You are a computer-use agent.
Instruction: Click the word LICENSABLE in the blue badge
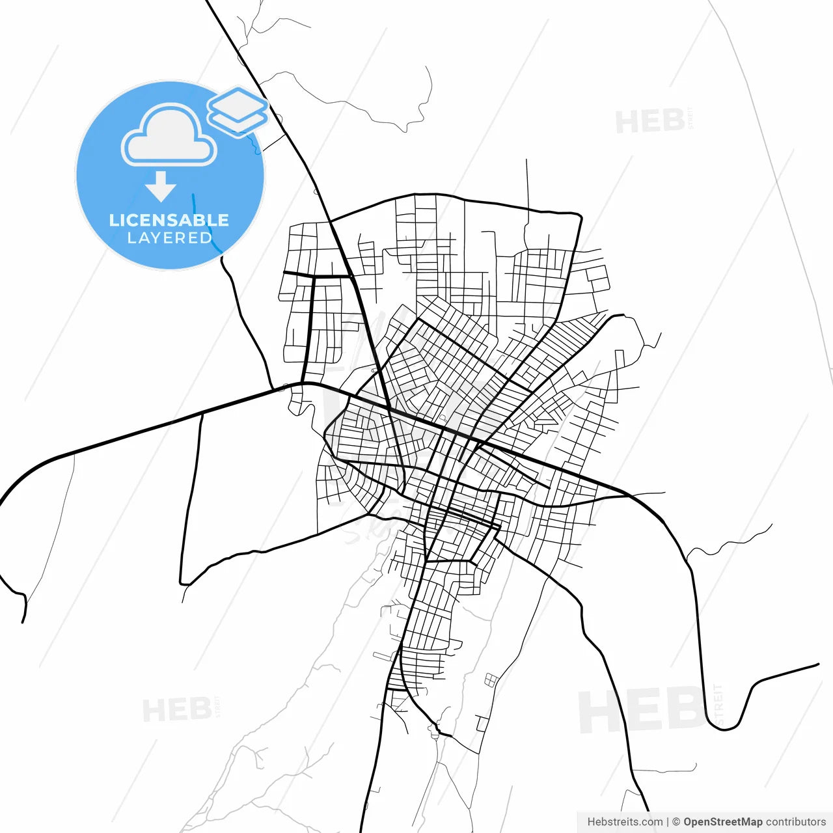169,220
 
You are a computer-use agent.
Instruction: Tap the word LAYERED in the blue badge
169,238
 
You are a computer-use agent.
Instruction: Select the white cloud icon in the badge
169,135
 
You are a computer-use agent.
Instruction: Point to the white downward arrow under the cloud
161,186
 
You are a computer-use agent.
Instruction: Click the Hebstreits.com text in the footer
625,822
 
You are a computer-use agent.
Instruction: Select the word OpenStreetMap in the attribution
722,822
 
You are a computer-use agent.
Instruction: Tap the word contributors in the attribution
795,822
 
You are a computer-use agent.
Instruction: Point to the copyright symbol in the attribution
676,822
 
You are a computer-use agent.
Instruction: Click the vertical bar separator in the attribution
668,822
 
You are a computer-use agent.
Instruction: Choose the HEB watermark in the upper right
649,122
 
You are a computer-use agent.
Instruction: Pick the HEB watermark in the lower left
176,709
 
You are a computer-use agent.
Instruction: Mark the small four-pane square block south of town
491,681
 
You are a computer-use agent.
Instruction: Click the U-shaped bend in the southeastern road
729,726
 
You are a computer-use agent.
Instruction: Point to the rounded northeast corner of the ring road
578,215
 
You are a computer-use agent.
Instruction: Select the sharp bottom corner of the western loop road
182,582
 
